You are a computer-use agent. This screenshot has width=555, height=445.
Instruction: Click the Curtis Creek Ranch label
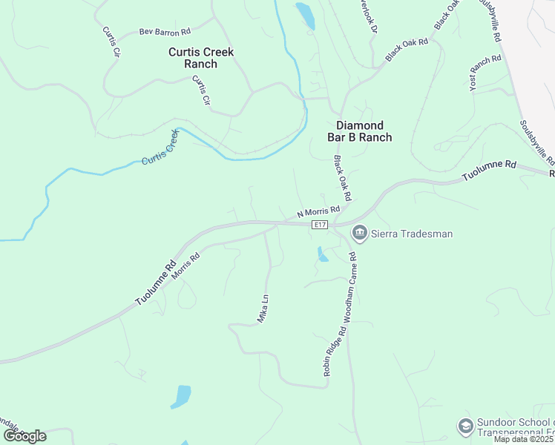tap(201, 58)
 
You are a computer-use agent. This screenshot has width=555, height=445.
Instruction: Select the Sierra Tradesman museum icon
tap(359, 234)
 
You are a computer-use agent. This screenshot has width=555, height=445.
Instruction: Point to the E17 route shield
tap(320, 224)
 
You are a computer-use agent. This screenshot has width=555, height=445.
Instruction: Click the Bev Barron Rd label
tap(165, 32)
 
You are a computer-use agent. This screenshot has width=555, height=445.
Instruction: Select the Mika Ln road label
tap(262, 308)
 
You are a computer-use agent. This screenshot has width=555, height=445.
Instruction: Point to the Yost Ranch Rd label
tap(486, 73)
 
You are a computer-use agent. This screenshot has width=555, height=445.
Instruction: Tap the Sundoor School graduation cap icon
tap(465, 426)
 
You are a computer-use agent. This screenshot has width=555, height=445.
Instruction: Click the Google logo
tap(24, 435)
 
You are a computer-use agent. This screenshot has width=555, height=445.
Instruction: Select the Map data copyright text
tap(522, 439)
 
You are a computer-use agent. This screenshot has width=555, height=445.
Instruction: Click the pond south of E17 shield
tap(322, 254)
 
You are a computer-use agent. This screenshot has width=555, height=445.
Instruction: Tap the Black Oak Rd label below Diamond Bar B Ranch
tap(341, 178)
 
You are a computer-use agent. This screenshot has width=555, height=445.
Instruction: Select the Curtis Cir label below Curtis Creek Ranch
tap(201, 90)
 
